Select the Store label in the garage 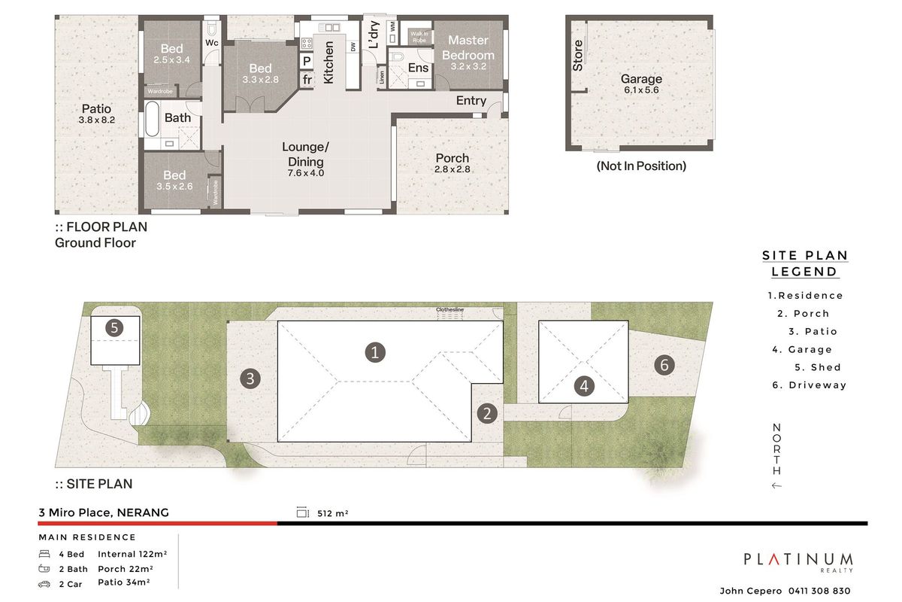(578, 55)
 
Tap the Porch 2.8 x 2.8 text (452, 163)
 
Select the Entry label (471, 100)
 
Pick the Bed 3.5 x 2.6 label (174, 181)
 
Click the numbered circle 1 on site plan (374, 351)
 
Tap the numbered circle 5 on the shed (114, 327)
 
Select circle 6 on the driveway (663, 365)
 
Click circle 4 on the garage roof (584, 386)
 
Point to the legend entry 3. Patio (813, 331)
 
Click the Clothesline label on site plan (449, 309)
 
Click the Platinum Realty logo (798, 561)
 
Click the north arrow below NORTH (776, 485)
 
